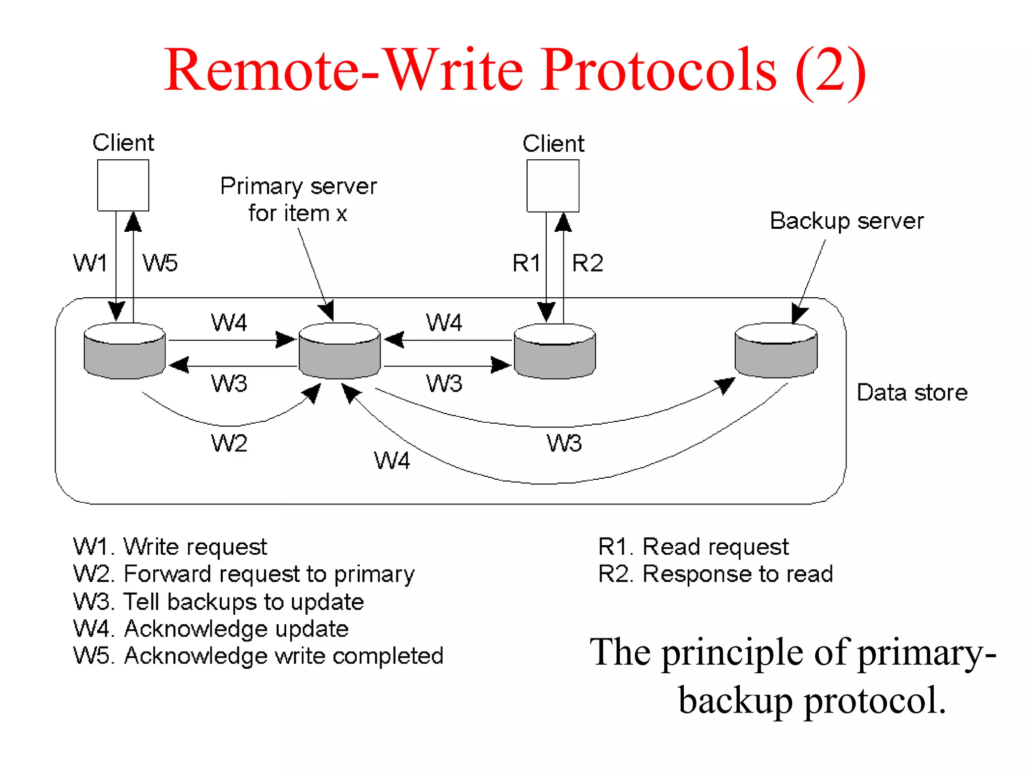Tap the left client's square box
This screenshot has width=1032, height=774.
point(123,185)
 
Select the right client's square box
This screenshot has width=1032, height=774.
point(553,185)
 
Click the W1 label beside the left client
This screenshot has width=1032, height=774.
point(90,263)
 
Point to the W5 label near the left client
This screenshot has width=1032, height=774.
point(160,263)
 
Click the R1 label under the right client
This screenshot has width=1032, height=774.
point(526,263)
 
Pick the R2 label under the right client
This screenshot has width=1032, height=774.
point(588,263)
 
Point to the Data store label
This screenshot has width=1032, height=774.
point(912,393)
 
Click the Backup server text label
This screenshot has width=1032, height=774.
point(847,221)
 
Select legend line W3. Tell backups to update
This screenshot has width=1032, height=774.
point(219,602)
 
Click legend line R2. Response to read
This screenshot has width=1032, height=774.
point(716,574)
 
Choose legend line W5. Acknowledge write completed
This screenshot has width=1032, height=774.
point(258,656)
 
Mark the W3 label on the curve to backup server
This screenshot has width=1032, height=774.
point(564,443)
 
